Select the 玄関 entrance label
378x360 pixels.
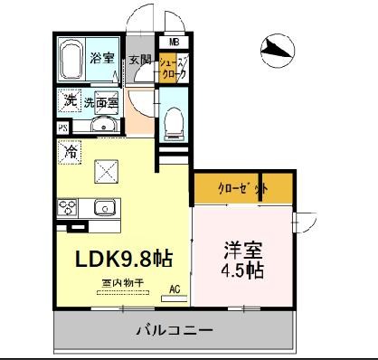pyautogui.click(x=139, y=61)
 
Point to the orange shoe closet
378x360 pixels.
pyautogui.click(x=172, y=69)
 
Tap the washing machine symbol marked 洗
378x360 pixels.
pyautogui.click(x=70, y=101)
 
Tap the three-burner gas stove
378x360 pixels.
pyautogui.click(x=70, y=208)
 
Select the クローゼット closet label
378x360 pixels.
pyautogui.click(x=244, y=187)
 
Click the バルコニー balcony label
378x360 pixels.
pyautogui.click(x=175, y=329)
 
